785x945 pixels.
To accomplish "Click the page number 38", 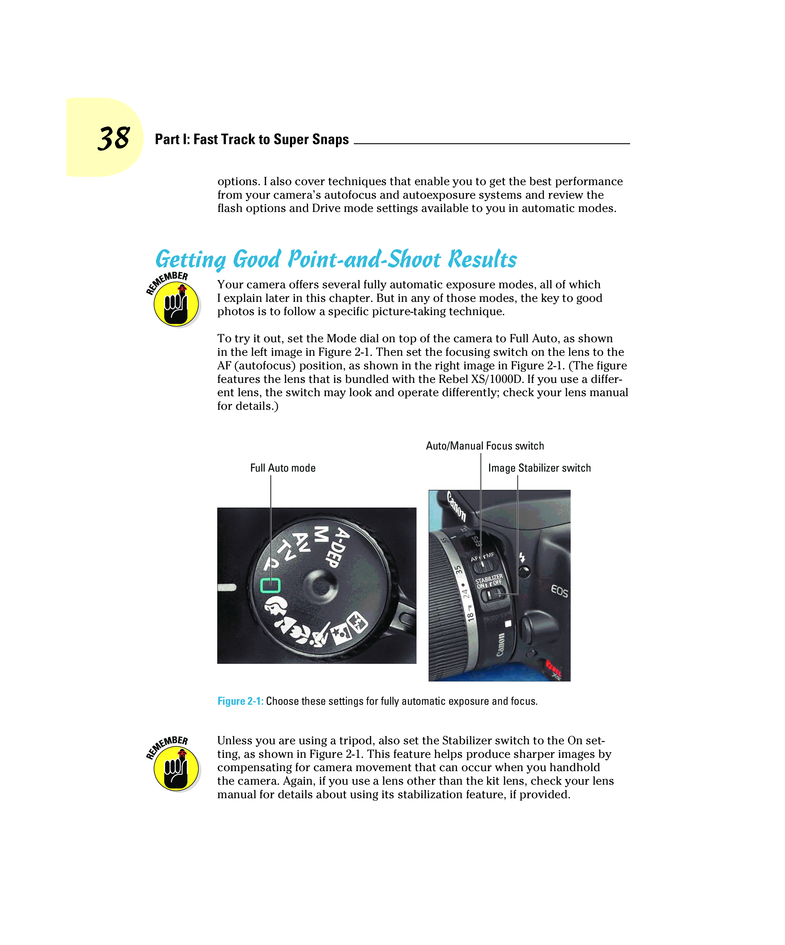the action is point(114,138).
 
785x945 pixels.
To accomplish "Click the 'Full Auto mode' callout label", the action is point(283,468).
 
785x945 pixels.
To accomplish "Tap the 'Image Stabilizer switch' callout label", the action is point(539,468).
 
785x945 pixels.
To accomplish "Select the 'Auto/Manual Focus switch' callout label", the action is point(485,446).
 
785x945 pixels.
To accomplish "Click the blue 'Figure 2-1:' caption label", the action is point(240,701).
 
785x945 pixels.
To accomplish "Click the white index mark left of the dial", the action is point(227,587).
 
